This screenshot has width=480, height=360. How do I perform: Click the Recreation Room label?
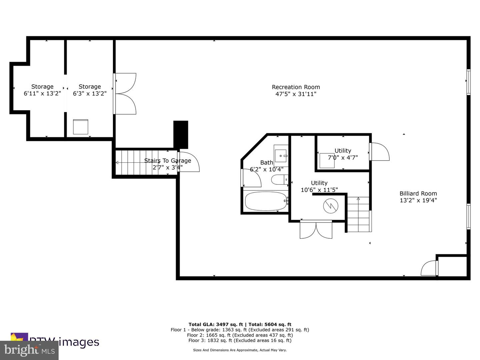click(x=296, y=87)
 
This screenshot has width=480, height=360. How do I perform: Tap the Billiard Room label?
click(x=418, y=193)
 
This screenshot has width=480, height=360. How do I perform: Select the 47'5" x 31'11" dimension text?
click(x=296, y=94)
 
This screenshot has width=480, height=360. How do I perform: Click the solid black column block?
click(x=181, y=134)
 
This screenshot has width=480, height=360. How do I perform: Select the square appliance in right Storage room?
click(x=81, y=127)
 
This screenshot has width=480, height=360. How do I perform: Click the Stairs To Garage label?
click(x=167, y=161)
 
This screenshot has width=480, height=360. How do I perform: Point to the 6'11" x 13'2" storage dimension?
click(x=42, y=94)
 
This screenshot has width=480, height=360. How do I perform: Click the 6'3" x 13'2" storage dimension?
click(x=90, y=94)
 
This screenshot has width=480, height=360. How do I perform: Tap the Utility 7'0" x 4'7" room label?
click(x=343, y=151)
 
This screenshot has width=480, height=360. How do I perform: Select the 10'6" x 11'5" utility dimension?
click(x=319, y=190)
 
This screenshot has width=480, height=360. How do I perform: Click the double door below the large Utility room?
click(x=316, y=230)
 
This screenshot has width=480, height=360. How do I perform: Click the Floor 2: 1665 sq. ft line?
click(x=240, y=335)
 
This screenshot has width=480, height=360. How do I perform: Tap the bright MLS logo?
click(x=29, y=350)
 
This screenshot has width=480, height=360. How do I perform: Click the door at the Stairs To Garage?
click(x=189, y=162)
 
